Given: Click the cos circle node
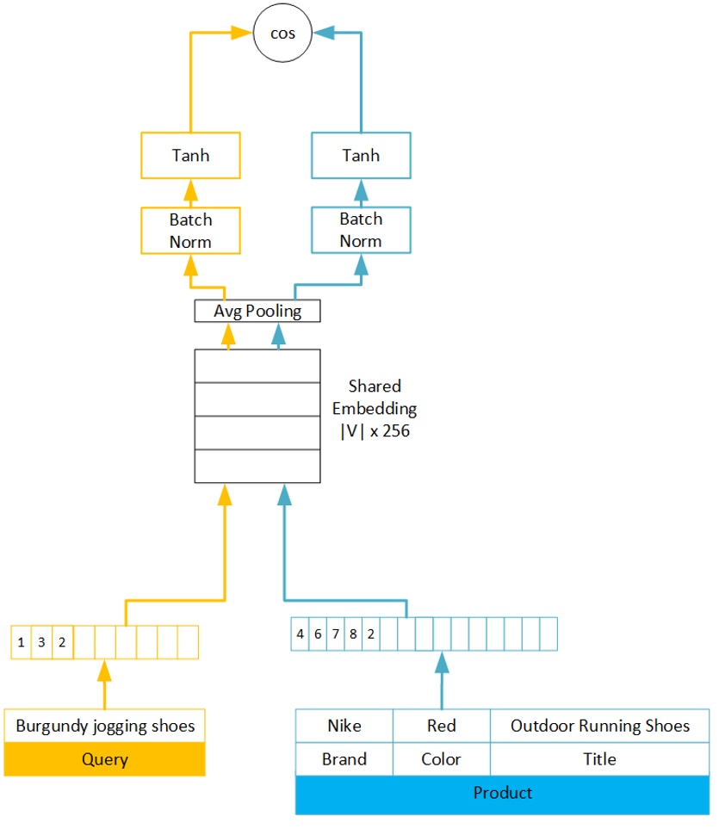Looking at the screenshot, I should (282, 34).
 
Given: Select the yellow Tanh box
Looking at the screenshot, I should (190, 156).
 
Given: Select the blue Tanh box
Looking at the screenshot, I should (361, 156).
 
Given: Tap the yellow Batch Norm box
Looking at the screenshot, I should (190, 231).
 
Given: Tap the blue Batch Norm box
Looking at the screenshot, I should (361, 230).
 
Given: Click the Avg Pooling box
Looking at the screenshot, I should (257, 311).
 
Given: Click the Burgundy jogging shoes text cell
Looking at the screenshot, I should (105, 726).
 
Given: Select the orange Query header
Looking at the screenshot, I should (105, 759).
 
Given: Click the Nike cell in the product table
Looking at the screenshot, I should (344, 726).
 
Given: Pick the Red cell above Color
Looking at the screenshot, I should (441, 726).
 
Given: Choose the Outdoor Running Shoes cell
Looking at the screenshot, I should (599, 726).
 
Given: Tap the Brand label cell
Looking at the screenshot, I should (344, 759).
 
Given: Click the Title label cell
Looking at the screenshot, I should (599, 759).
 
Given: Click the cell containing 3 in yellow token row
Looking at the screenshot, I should (41, 642).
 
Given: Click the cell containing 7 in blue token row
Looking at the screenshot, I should (335, 634).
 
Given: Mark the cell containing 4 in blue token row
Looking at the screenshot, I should (300, 634).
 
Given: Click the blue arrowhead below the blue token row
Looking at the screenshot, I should (442, 662).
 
